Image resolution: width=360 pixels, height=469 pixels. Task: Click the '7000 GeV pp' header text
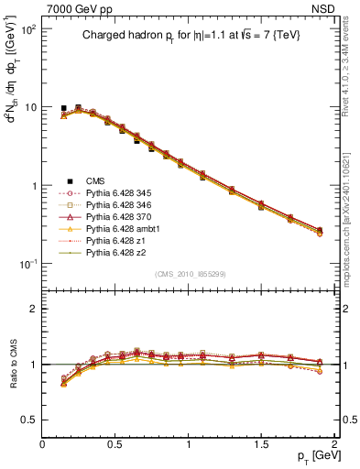click(x=74, y=8)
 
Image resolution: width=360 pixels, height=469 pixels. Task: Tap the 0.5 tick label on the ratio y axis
click(x=30, y=420)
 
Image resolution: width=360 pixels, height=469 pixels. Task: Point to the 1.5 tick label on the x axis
click(x=260, y=444)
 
